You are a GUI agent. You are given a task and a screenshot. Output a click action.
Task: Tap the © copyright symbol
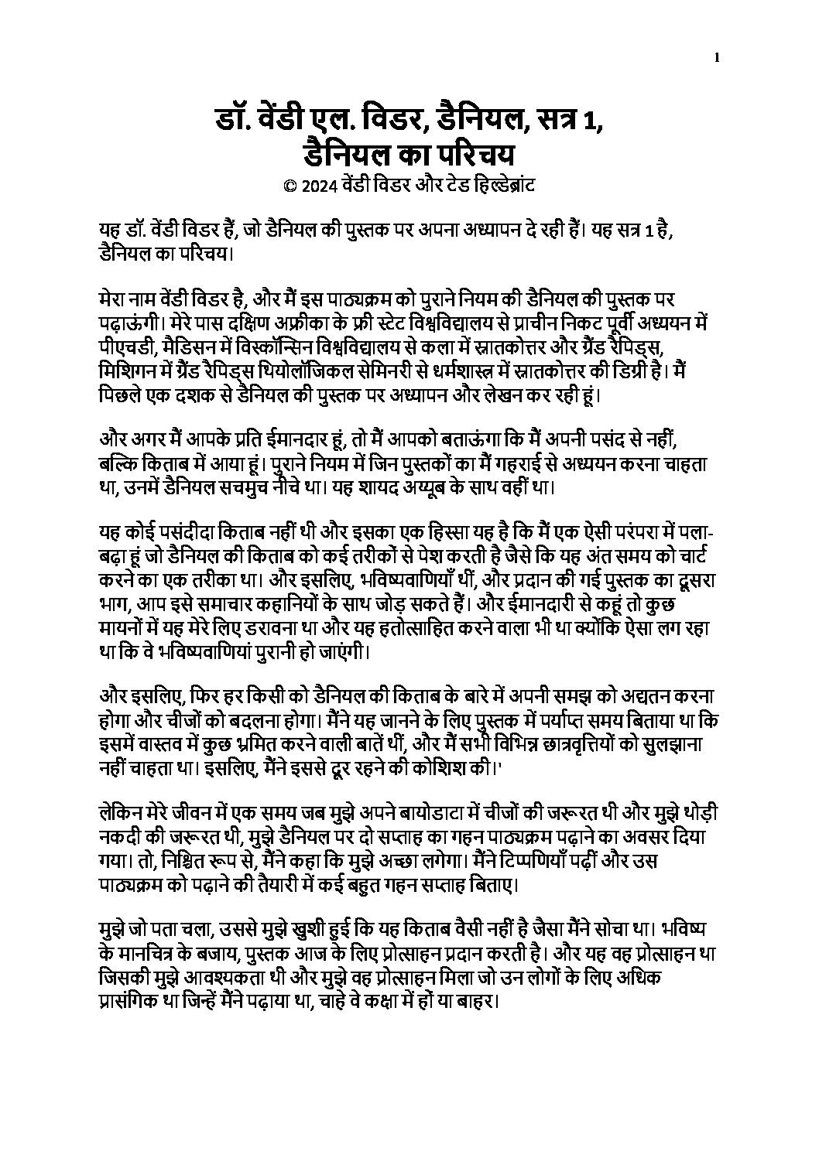(290, 186)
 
